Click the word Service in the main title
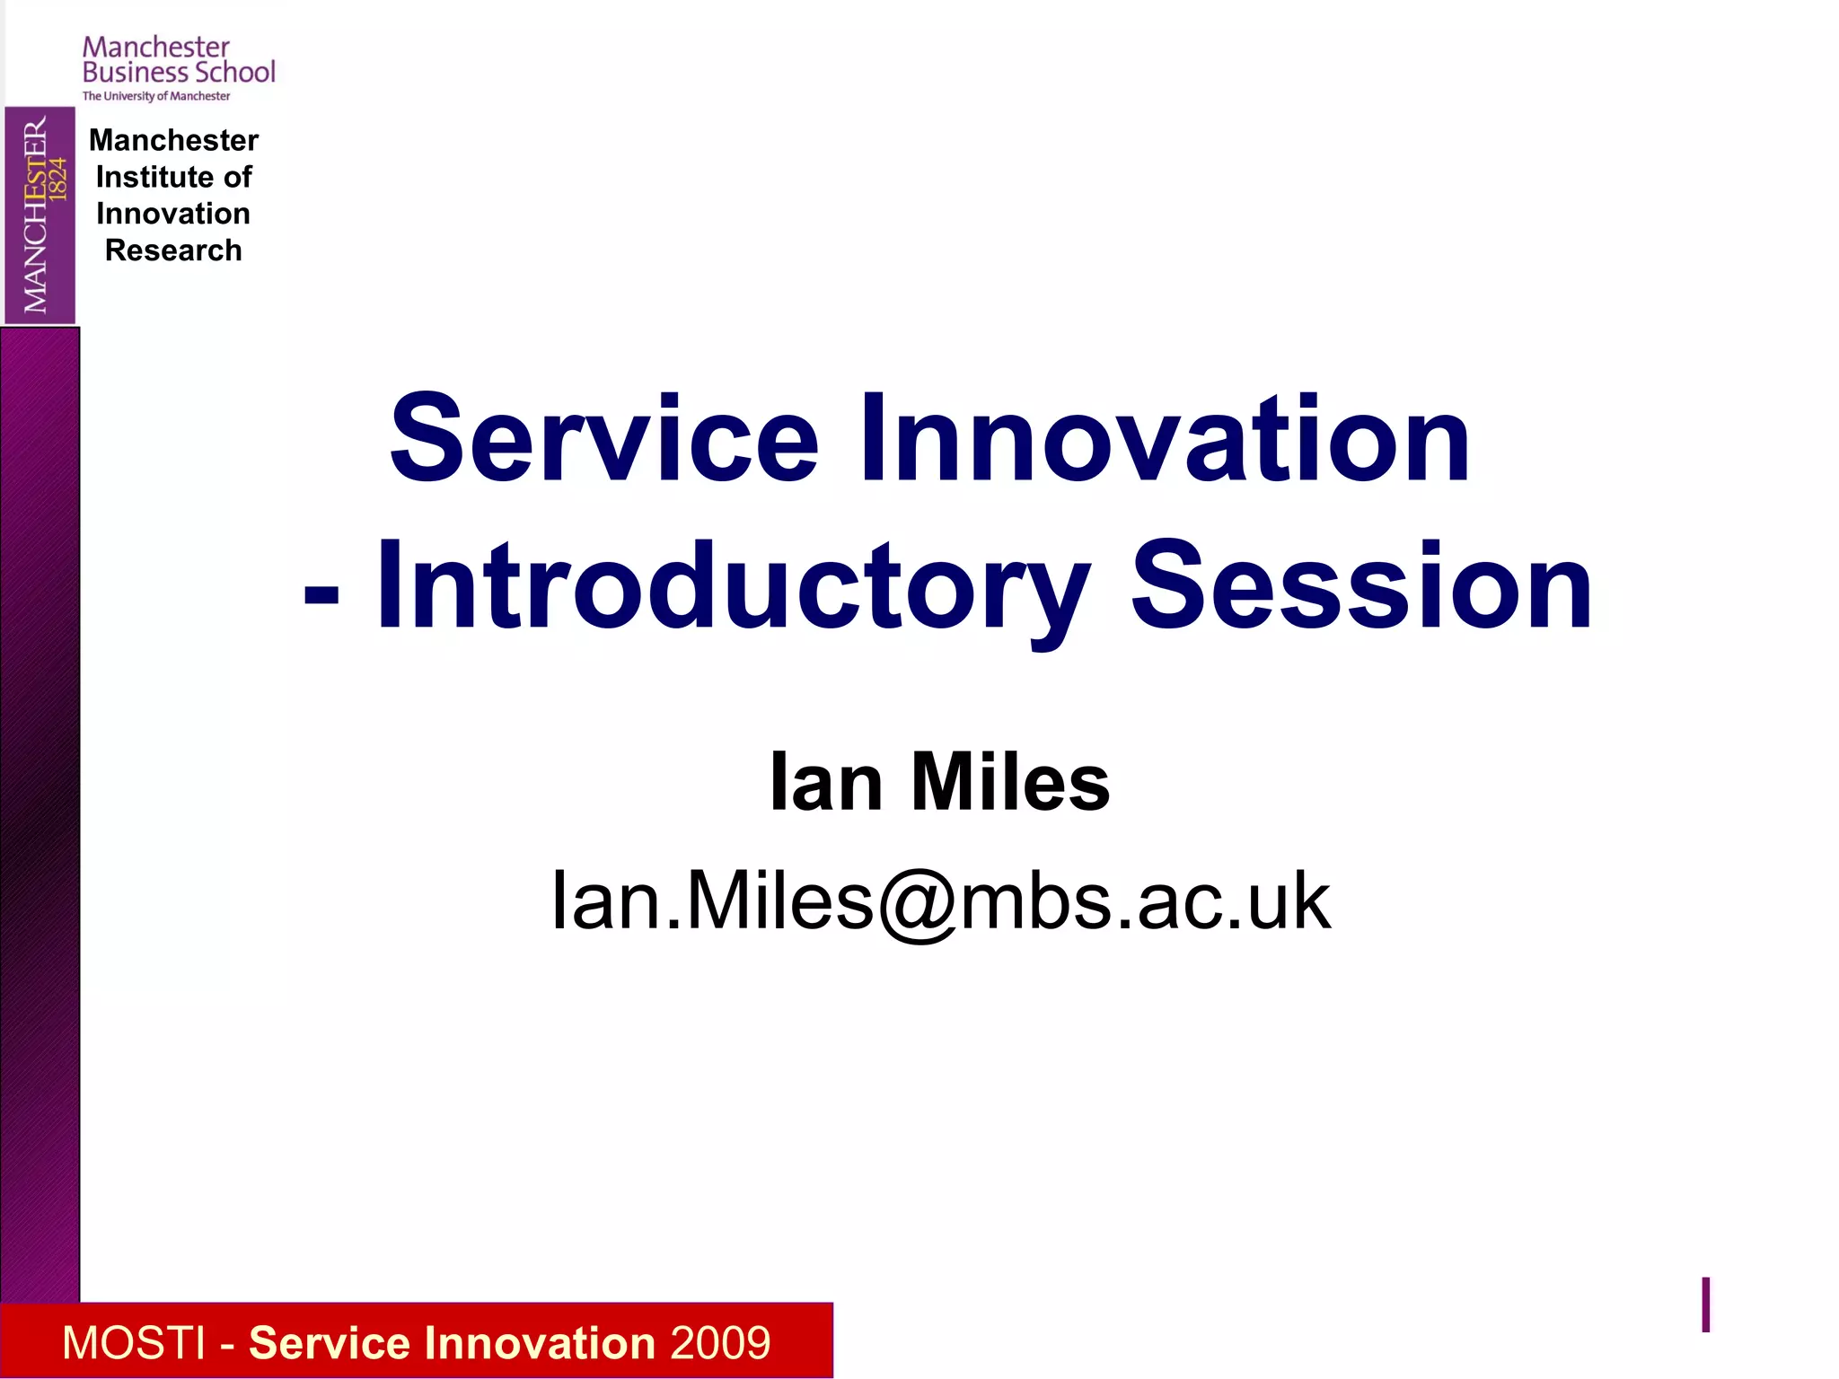(x=603, y=440)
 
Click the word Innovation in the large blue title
(x=1165, y=440)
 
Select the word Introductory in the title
(x=733, y=588)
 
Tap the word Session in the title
(x=1360, y=588)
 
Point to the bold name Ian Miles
(x=939, y=782)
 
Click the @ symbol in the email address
(x=917, y=903)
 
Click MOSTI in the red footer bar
(x=134, y=1343)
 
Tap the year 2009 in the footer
(x=719, y=1343)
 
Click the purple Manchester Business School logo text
(x=178, y=60)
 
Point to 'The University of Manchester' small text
(x=156, y=96)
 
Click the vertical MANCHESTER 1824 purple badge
(x=40, y=215)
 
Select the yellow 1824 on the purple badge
(x=58, y=178)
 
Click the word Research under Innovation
(x=173, y=250)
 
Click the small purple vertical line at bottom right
(x=1705, y=1304)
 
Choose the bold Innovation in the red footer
(x=541, y=1343)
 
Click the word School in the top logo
(x=234, y=72)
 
